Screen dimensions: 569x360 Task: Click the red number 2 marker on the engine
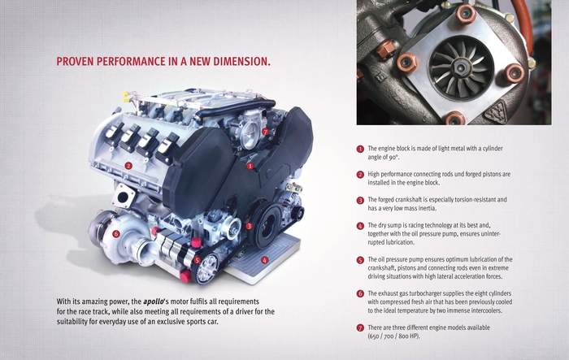point(128,166)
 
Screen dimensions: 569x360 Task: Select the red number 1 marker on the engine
point(250,167)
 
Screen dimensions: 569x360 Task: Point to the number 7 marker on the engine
point(265,132)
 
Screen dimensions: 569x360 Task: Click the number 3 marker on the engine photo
point(249,227)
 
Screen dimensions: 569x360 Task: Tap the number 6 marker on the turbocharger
point(115,234)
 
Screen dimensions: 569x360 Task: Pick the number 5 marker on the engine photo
point(197,260)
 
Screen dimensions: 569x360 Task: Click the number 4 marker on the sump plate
point(264,260)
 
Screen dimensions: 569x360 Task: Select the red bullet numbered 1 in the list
point(360,149)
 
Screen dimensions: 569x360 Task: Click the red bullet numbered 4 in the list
point(360,226)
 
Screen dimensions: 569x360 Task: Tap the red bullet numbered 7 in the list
point(360,328)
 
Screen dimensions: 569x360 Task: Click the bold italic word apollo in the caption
point(153,301)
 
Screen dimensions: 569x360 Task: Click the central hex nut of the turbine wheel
point(461,67)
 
